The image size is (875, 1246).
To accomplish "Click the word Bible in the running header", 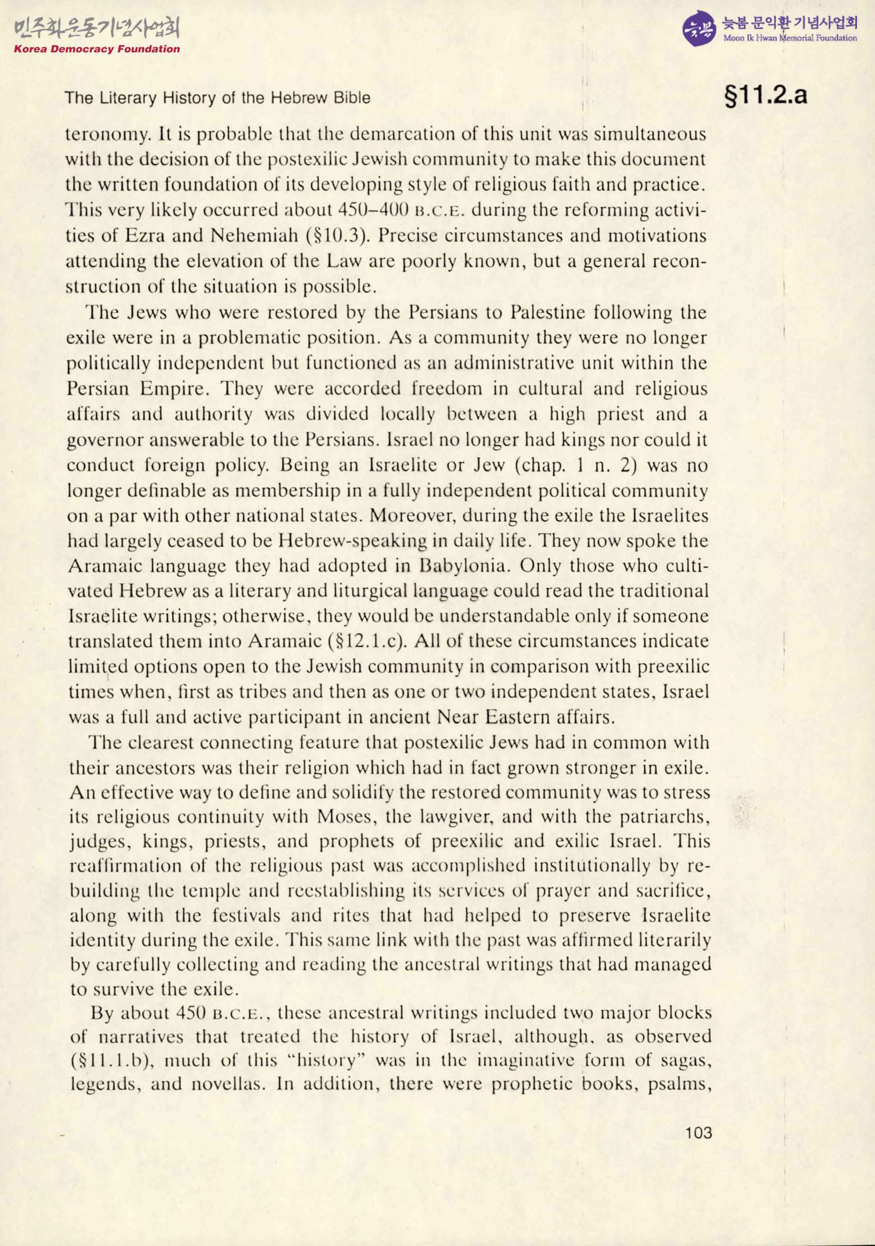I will point(356,98).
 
